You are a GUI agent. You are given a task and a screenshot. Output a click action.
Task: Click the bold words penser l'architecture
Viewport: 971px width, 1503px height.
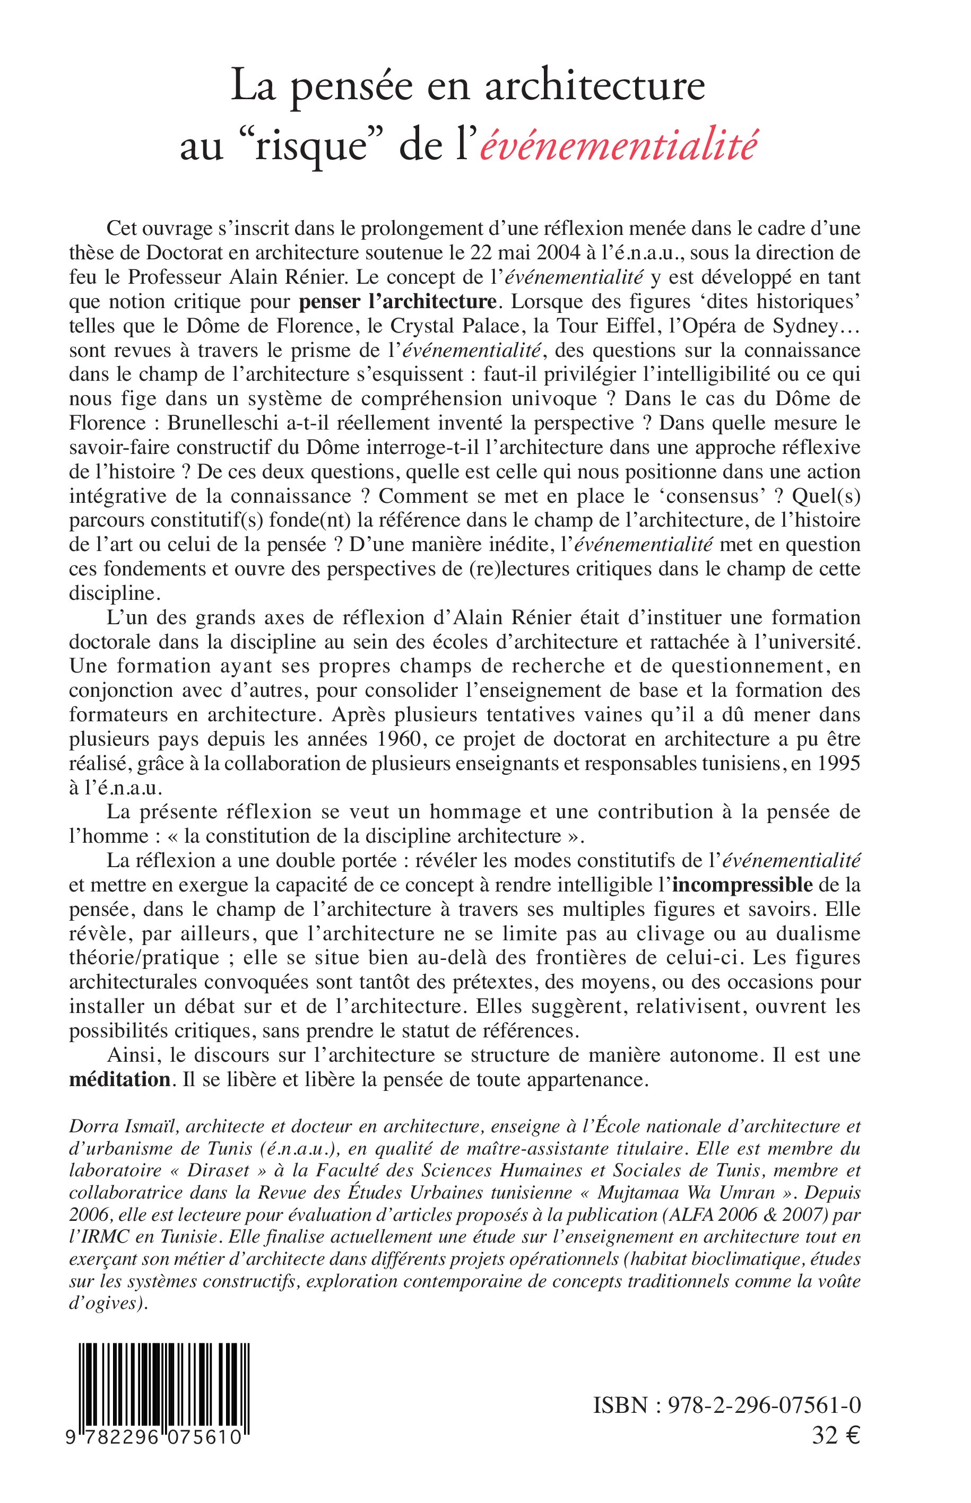click(x=397, y=302)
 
